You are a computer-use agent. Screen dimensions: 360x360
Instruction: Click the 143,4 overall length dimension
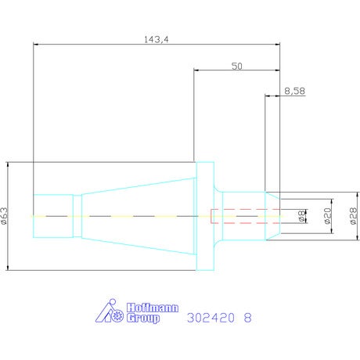tap(157, 39)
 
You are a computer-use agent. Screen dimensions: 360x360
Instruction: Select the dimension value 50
tap(237, 66)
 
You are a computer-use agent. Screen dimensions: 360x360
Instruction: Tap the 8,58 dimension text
tap(294, 91)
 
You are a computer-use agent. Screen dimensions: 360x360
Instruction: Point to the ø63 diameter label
tap(5, 216)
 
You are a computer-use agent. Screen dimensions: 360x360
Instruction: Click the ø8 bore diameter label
tap(301, 216)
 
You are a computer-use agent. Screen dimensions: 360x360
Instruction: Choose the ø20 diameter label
tap(327, 216)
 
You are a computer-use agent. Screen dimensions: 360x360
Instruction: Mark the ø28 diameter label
tap(353, 216)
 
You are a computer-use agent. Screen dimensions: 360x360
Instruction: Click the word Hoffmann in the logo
tap(153, 308)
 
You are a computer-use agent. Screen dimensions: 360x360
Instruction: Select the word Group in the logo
tap(143, 319)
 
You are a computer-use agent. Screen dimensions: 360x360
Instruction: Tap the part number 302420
tap(211, 318)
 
